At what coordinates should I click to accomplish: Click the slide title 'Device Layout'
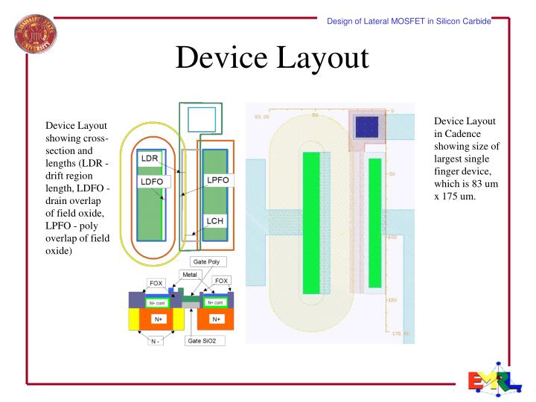pos(272,58)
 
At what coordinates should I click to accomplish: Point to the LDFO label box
pos(153,181)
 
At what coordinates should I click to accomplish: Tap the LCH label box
pos(216,221)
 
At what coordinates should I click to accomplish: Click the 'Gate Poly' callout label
pos(209,262)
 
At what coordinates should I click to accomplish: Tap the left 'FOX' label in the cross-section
pos(156,283)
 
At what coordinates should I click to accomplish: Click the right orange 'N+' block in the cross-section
pos(216,319)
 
